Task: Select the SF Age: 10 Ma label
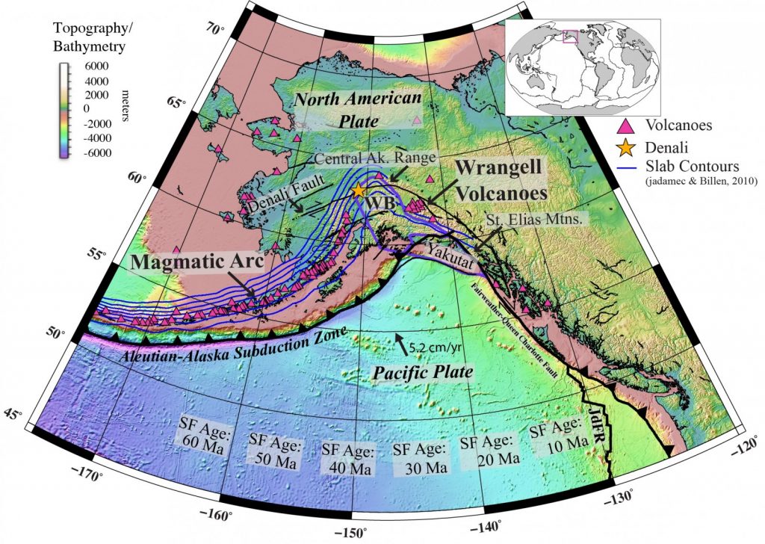(556, 434)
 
